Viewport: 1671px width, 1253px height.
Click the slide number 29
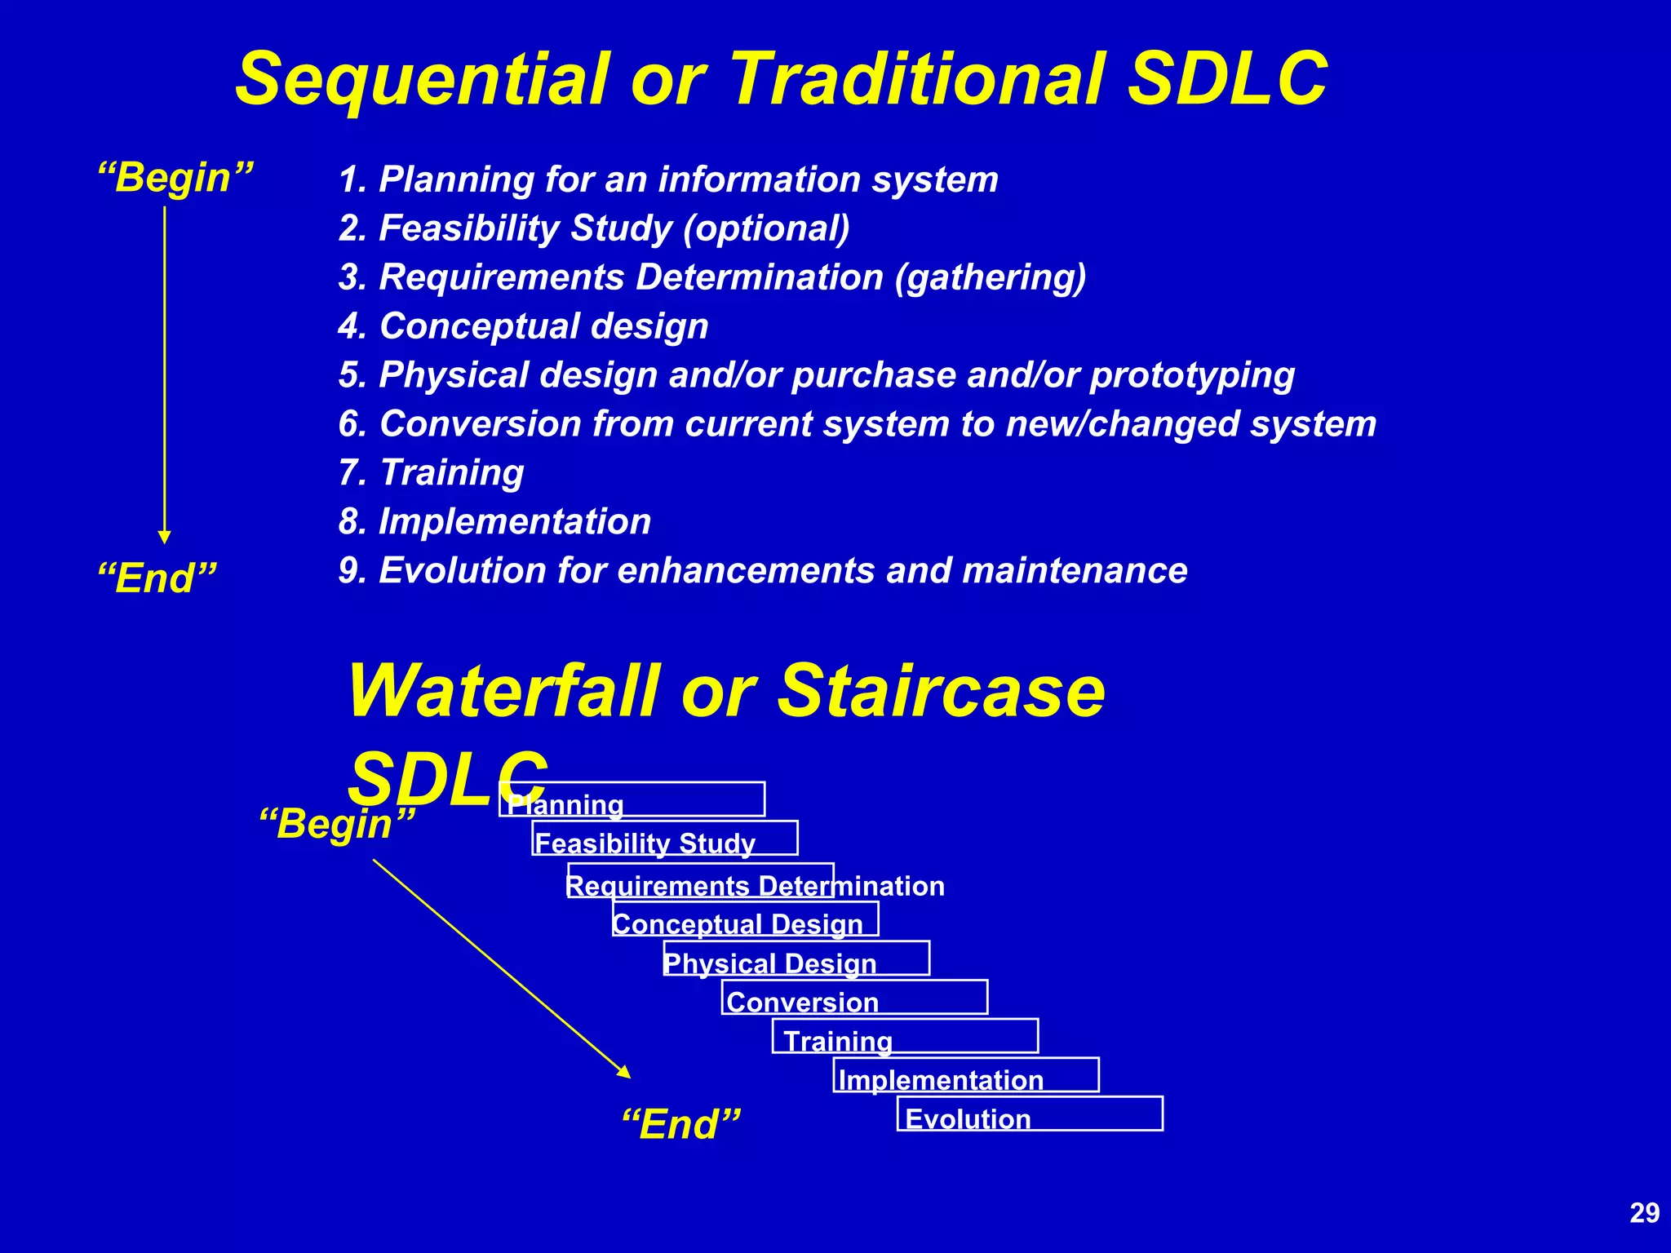(1644, 1213)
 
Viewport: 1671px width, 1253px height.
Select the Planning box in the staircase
(632, 799)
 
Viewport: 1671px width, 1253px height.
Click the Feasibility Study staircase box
(665, 839)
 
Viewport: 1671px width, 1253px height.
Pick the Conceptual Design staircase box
(746, 919)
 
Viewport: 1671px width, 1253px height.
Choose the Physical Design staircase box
(796, 959)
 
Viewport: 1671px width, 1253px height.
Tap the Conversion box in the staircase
(854, 998)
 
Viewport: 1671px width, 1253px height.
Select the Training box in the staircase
(905, 1037)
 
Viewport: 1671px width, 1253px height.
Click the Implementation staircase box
(966, 1075)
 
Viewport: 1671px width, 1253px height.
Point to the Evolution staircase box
(1030, 1114)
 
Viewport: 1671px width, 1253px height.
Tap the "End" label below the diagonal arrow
(681, 1125)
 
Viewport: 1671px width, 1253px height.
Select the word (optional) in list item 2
(766, 228)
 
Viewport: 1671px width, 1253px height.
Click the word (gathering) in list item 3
(991, 277)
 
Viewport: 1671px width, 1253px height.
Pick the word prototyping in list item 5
(1192, 375)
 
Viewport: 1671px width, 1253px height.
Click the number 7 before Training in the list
(349, 473)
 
